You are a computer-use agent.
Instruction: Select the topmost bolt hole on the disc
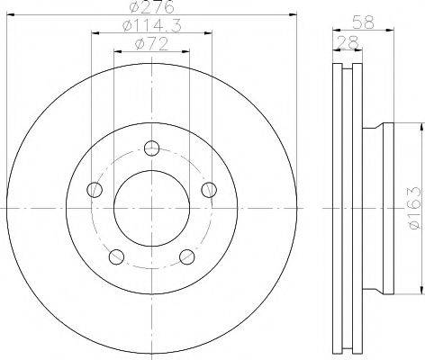[151, 148]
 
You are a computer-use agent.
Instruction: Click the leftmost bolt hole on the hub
[93, 190]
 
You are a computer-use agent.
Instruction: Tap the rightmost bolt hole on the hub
[209, 189]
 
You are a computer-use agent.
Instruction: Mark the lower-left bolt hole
[114, 257]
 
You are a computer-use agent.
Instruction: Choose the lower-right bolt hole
[187, 257]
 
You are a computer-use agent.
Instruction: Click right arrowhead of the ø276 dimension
[292, 15]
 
